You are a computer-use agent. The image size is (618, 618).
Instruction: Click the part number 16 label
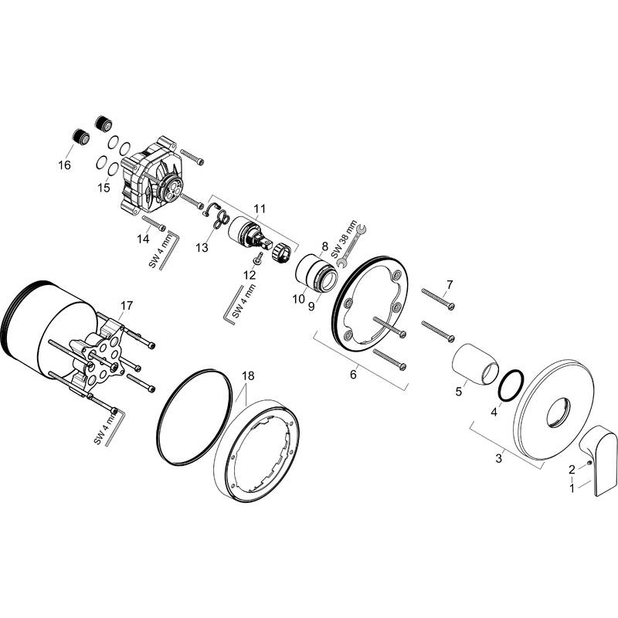click(x=63, y=165)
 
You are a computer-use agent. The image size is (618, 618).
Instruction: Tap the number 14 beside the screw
click(x=143, y=239)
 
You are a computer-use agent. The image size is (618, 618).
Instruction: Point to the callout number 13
click(x=202, y=247)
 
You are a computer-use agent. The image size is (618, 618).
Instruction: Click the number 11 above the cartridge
click(x=259, y=209)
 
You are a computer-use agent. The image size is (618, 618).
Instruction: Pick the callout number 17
click(x=126, y=307)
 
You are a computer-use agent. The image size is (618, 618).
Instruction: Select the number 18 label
click(x=247, y=376)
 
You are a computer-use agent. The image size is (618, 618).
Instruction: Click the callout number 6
click(x=353, y=374)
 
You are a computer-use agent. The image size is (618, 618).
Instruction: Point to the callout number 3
click(x=498, y=458)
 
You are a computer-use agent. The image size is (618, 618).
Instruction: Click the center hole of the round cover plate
click(x=559, y=414)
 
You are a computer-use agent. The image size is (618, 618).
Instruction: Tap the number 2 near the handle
click(x=572, y=469)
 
